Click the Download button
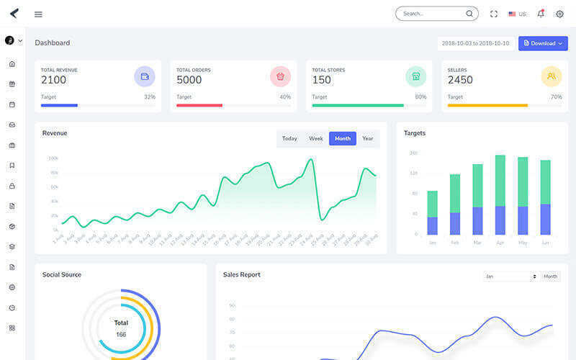(543, 43)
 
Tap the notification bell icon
(541, 14)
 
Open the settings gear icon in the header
(559, 14)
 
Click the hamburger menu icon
(38, 14)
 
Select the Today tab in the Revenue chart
(289, 138)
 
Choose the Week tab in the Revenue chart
(316, 138)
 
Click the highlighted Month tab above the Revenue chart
(343, 138)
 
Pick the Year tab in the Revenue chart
(368, 138)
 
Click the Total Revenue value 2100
(53, 80)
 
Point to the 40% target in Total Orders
(285, 97)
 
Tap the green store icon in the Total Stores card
(415, 76)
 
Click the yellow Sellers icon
(552, 76)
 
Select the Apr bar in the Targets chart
(500, 194)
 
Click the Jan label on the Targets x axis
(432, 243)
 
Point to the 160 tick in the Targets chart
(413, 153)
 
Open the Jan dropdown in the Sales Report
(511, 276)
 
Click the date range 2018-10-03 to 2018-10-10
(475, 43)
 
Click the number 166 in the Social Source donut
(121, 334)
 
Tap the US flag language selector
(517, 14)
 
